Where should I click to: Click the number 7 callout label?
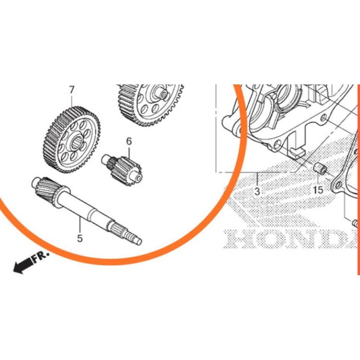pos(72,90)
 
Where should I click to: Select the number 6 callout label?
pos(129,141)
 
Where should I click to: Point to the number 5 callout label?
pos(79,238)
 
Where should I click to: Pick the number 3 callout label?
pos(257,191)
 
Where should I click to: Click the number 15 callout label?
pos(317,190)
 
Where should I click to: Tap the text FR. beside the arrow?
pos(41,256)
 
